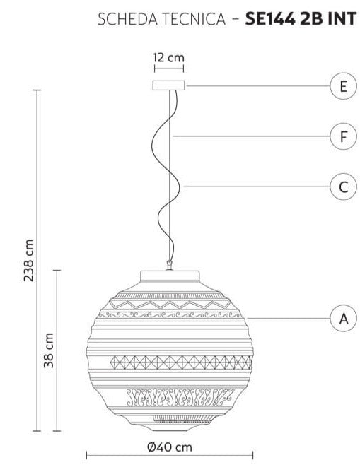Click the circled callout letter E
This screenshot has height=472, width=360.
tap(344, 86)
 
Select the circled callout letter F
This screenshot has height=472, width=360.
tap(344, 136)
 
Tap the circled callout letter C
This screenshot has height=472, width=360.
tap(344, 187)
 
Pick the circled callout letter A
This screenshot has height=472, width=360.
tap(344, 318)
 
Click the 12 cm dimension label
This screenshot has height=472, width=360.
tap(168, 57)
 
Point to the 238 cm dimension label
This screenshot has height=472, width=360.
tap(29, 261)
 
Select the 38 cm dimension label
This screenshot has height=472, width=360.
tap(49, 350)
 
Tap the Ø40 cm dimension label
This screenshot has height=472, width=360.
tap(170, 447)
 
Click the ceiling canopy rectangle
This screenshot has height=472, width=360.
tap(168, 85)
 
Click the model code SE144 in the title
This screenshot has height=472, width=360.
tap(270, 19)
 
